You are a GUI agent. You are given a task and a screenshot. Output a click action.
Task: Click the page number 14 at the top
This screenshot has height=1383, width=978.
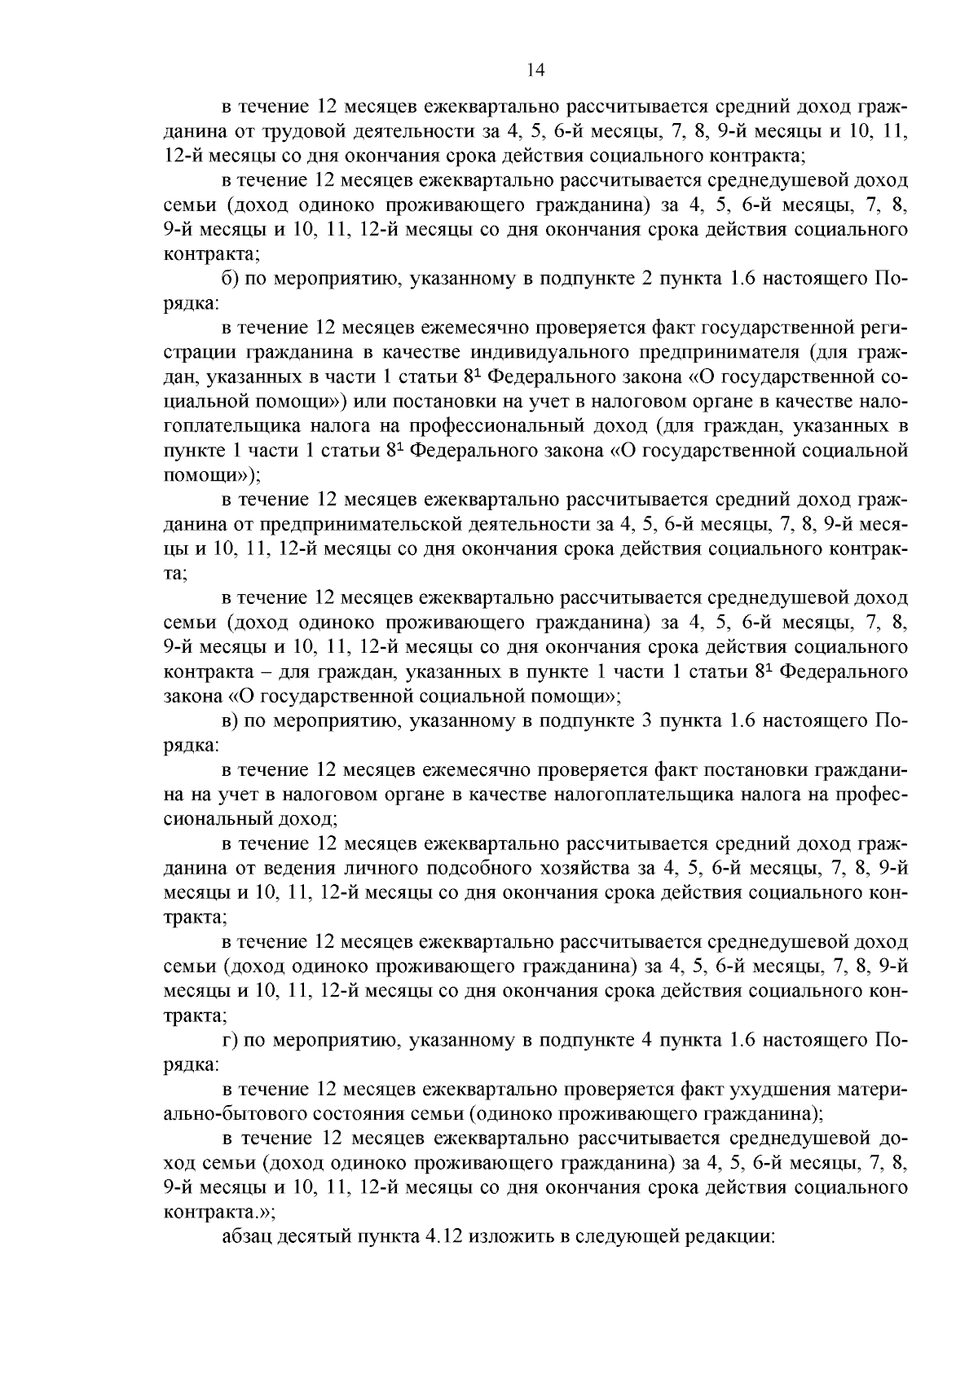click(x=535, y=71)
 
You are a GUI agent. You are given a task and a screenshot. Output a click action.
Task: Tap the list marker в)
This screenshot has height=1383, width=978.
click(x=231, y=721)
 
